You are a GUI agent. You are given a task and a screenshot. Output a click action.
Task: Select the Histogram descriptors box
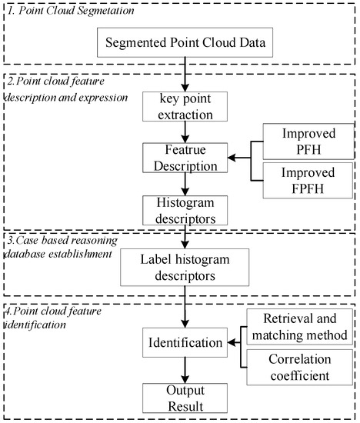click(185, 211)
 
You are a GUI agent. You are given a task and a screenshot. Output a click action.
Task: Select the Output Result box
click(185, 395)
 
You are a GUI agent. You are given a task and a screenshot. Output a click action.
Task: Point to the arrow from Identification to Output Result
click(185, 371)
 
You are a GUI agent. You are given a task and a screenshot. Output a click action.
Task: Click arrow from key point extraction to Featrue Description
click(185, 133)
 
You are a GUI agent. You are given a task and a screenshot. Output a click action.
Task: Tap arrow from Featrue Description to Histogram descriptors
click(185, 185)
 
